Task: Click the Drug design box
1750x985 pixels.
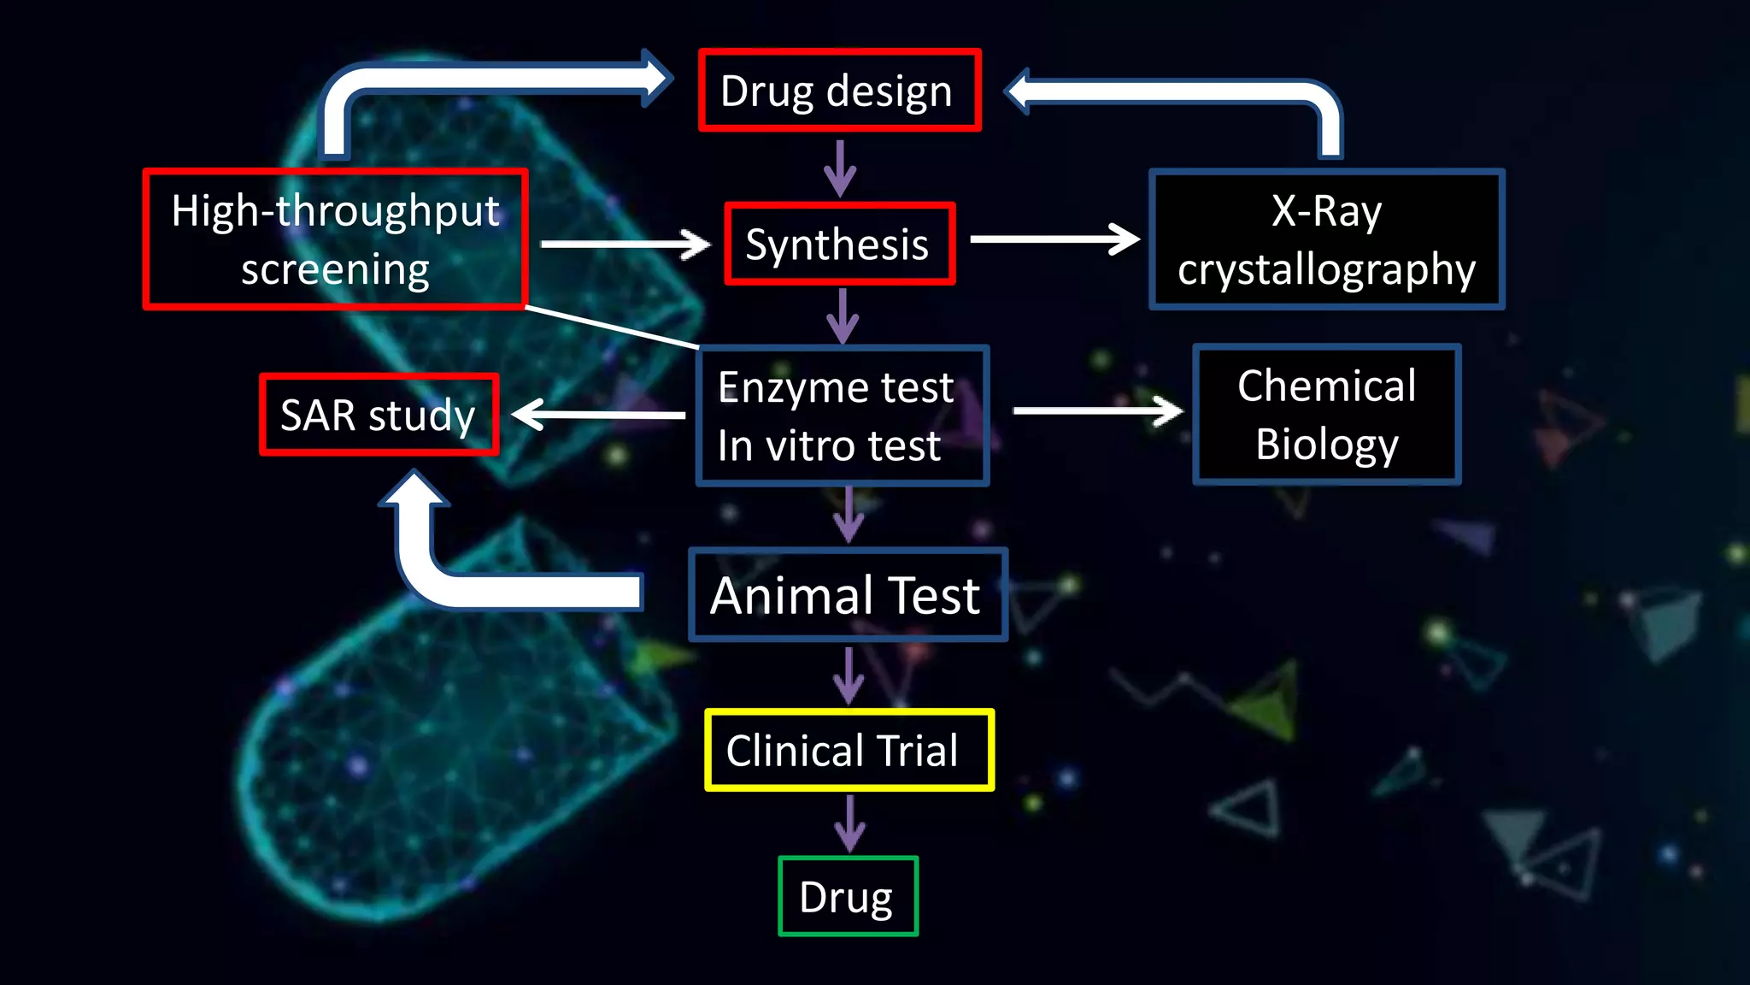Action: coord(839,91)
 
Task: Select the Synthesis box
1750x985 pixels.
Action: coord(839,245)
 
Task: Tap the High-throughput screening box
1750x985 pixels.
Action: coord(335,239)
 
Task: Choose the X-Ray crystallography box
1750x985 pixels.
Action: coord(1326,239)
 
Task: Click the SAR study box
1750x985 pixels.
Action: coord(379,416)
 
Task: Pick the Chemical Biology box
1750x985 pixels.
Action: coord(1326,415)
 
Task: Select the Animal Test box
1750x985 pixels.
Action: coord(847,595)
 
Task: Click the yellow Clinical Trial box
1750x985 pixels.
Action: coord(849,750)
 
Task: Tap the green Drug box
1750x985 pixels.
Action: coord(848,896)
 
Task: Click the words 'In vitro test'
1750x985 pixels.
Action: coord(829,445)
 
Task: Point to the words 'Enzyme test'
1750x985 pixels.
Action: coord(835,387)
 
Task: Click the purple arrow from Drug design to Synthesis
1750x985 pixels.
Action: coord(841,168)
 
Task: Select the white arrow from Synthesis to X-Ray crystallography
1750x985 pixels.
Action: coord(1054,239)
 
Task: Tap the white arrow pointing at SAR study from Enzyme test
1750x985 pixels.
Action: coord(598,416)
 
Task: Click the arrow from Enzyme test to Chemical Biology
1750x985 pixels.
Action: coord(1097,411)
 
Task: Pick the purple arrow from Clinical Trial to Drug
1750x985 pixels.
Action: coord(849,823)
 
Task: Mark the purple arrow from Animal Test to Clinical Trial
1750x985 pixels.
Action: coord(849,675)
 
